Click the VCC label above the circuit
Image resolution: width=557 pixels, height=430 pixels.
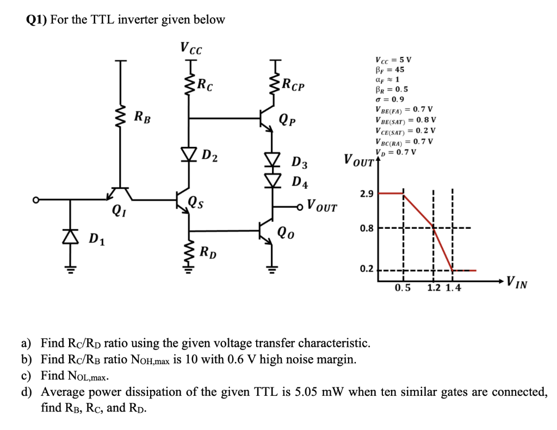click(x=191, y=48)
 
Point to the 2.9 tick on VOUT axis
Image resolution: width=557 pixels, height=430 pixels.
click(x=366, y=194)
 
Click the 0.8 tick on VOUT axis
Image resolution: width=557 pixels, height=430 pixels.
click(x=366, y=228)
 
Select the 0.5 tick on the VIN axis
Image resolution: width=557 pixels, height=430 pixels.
click(x=403, y=288)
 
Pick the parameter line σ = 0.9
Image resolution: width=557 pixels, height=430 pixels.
click(x=389, y=99)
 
